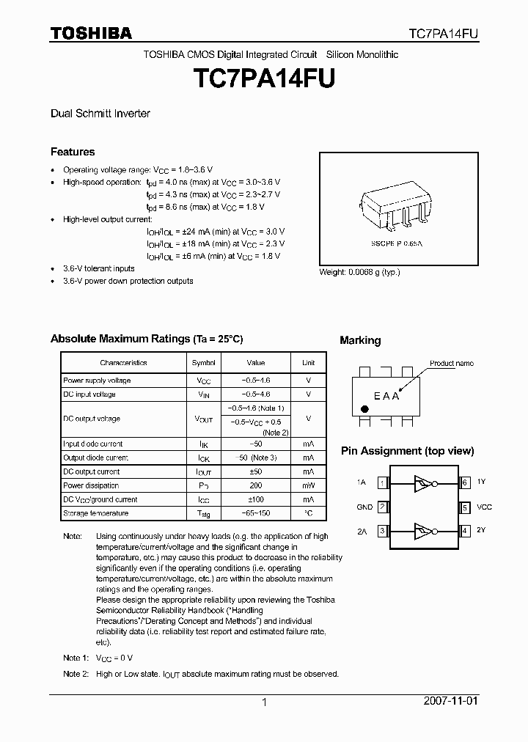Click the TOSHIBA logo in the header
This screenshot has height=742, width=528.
coord(91,33)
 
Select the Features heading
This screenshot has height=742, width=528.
coord(73,152)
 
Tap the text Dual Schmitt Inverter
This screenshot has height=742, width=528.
coord(100,114)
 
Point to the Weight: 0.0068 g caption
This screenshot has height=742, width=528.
coord(359,272)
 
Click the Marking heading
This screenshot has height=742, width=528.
coord(360,340)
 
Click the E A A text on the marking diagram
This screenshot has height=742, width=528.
coord(386,396)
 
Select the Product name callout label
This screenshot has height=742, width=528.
coord(452,363)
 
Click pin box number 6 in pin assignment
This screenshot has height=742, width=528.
coord(465,482)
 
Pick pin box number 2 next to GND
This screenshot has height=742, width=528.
coord(382,507)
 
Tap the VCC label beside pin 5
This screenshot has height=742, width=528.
coord(485,507)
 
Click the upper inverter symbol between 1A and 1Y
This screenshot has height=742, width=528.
coord(425,482)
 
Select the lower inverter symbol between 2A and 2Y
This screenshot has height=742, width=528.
coord(425,530)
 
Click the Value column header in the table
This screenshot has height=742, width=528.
coord(256,362)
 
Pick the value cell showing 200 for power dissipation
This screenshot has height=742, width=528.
coord(256,485)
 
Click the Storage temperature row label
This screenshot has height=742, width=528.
coord(95,513)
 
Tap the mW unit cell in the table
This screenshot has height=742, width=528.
coord(308,485)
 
